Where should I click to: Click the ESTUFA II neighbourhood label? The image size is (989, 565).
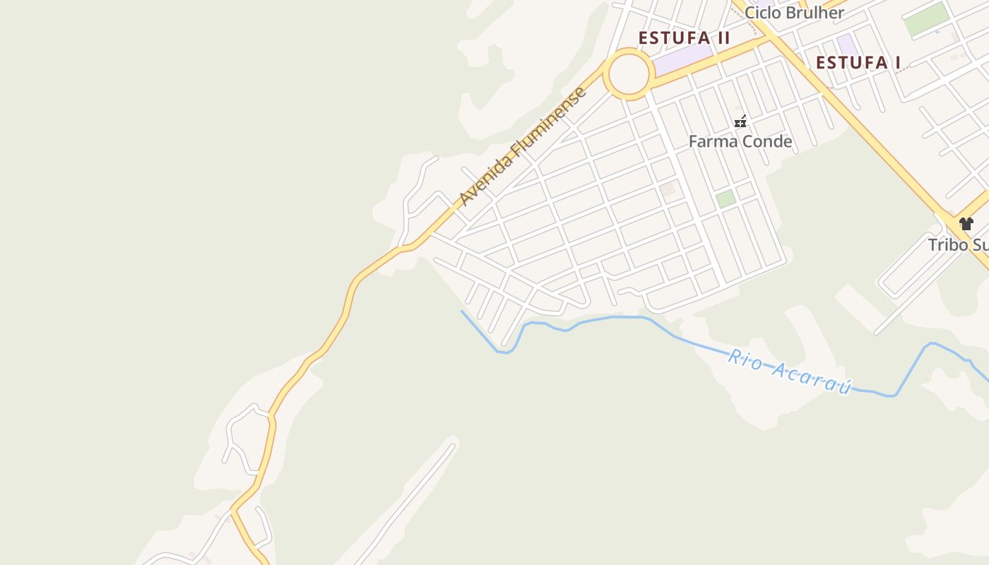click(x=684, y=38)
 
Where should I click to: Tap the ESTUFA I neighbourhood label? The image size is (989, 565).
click(x=858, y=63)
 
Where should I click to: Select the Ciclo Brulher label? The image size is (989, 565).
click(x=794, y=12)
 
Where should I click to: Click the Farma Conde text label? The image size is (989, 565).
click(x=740, y=142)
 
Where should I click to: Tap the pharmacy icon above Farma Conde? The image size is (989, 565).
click(x=740, y=121)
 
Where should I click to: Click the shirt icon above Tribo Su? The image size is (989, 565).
click(x=966, y=224)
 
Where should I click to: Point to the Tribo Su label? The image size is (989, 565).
click(x=958, y=245)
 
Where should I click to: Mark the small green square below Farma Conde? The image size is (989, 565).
click(x=725, y=198)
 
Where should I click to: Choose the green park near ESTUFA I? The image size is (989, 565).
click(x=926, y=19)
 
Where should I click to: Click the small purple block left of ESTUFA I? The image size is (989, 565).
click(x=846, y=43)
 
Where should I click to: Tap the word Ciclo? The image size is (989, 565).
click(x=762, y=12)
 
